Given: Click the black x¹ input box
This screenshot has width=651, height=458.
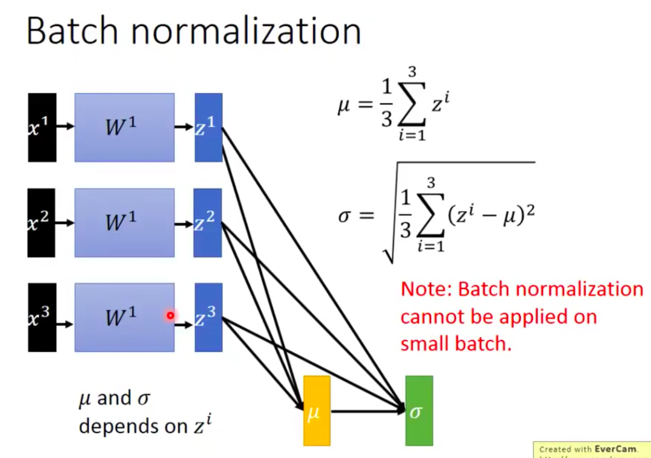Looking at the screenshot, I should click(x=42, y=127).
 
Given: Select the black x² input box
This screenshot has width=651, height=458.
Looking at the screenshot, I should click(x=42, y=223).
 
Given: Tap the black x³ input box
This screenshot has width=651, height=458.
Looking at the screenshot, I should click(x=42, y=317).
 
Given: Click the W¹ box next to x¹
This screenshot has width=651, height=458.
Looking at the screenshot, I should click(x=124, y=127).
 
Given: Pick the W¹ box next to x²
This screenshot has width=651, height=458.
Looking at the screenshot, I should click(x=124, y=223).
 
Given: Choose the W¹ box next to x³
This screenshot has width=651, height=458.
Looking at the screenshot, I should click(x=124, y=317).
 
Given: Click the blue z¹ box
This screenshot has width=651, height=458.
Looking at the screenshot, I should click(x=209, y=127).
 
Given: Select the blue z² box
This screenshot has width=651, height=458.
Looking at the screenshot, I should click(x=209, y=223).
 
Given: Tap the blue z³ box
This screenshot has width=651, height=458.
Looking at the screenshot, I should click(x=209, y=317).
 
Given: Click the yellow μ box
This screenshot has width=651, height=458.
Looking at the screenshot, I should click(x=316, y=410).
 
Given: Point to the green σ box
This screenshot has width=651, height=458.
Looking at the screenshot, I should click(x=419, y=410).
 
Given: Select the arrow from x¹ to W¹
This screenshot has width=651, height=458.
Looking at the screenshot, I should click(x=65, y=127).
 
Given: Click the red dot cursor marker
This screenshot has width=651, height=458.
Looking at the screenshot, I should click(x=171, y=315).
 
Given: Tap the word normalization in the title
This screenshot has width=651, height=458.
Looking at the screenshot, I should click(x=246, y=31).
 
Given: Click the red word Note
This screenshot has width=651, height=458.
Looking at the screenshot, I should click(x=426, y=289).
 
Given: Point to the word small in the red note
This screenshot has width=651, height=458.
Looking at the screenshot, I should click(x=426, y=344).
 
